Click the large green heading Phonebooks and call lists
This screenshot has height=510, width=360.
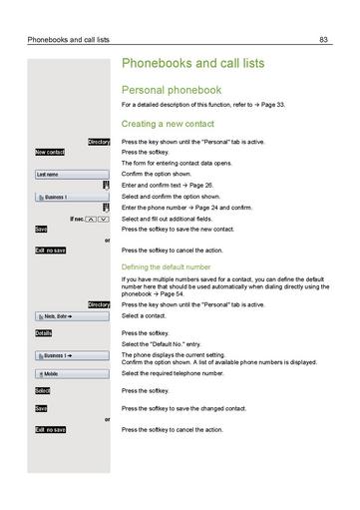[x=192, y=63]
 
